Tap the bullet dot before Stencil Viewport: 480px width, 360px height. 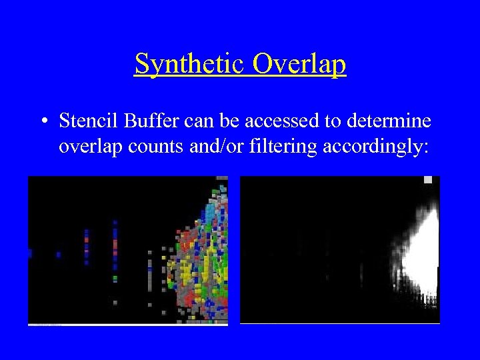[43, 121]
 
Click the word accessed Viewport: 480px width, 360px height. [257, 121]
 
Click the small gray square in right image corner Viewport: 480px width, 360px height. [428, 180]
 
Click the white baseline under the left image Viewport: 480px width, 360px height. [127, 325]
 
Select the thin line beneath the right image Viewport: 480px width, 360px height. [340, 323]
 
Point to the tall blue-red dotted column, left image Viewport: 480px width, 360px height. [115, 253]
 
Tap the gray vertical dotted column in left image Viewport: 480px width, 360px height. [149, 273]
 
